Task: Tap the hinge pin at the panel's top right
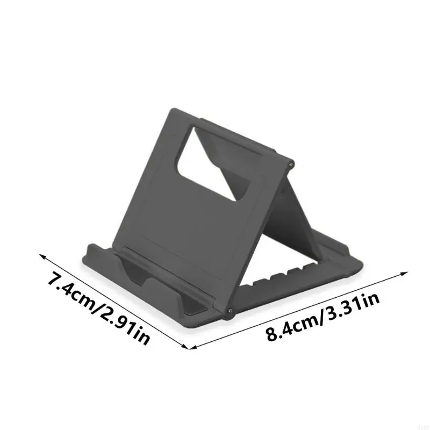pyautogui.click(x=291, y=162)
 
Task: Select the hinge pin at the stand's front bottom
pyautogui.click(x=230, y=311)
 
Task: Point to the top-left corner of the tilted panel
pyautogui.click(x=173, y=110)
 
